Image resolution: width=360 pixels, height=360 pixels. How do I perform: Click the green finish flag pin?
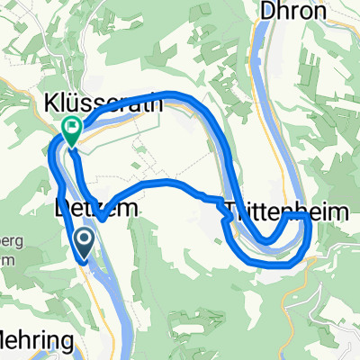point(70,131)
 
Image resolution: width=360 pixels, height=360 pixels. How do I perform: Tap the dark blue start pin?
point(84,240)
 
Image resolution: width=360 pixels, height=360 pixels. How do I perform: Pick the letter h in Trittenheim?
point(292,210)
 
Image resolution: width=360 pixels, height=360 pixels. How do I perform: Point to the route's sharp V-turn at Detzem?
point(102,217)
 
